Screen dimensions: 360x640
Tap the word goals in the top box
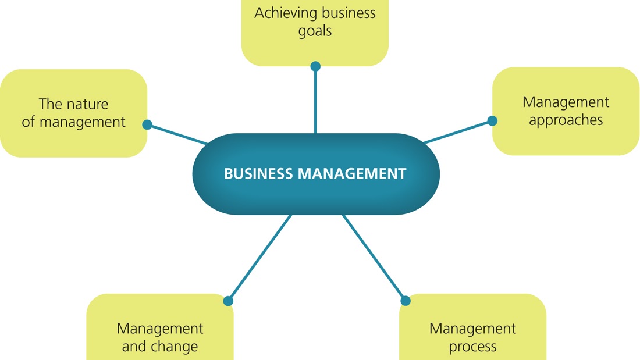[x=315, y=31]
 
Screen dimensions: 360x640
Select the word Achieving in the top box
[x=282, y=13]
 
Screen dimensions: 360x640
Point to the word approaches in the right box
[x=566, y=120]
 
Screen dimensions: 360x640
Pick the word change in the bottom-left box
[x=175, y=347]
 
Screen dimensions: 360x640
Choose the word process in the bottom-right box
[x=472, y=347]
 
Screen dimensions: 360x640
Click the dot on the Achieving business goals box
[x=315, y=66]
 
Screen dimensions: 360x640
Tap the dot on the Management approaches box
[x=492, y=121]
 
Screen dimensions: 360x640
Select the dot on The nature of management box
[x=147, y=124]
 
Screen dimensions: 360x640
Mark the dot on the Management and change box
[x=228, y=301]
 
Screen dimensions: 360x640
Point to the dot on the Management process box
[x=406, y=301]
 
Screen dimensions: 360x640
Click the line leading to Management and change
[x=259, y=258]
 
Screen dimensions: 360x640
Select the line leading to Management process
[x=374, y=258]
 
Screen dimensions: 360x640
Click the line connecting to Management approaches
[x=458, y=131]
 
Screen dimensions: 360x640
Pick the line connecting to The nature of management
[x=177, y=134]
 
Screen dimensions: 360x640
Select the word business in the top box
[x=343, y=13]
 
